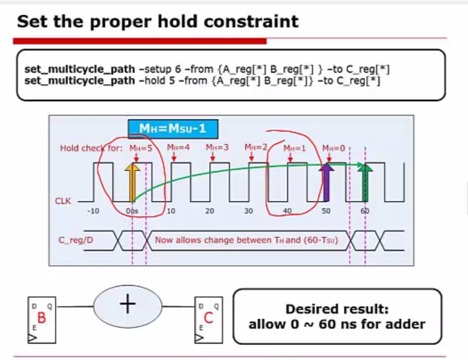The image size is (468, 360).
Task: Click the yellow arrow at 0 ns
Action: pyautogui.click(x=132, y=182)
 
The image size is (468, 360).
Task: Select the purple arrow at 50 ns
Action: pyautogui.click(x=326, y=182)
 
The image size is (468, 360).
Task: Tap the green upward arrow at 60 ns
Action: pyautogui.click(x=365, y=182)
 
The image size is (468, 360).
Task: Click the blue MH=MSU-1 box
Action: pyautogui.click(x=173, y=129)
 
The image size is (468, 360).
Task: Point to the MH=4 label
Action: pyautogui.click(x=178, y=147)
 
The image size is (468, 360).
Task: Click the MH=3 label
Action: pyautogui.click(x=217, y=147)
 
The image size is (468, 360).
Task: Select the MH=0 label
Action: pyautogui.click(x=334, y=148)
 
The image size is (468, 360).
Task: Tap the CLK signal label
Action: pyautogui.click(x=63, y=201)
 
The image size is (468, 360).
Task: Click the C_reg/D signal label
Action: pyautogui.click(x=76, y=240)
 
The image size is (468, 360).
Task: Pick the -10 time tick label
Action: pyautogui.click(x=93, y=211)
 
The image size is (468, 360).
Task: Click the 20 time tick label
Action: pyautogui.click(x=209, y=211)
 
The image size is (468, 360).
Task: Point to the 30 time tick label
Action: pyautogui.click(x=248, y=211)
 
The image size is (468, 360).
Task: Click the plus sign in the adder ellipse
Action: pyautogui.click(x=128, y=304)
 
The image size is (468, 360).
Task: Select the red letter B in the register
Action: pyautogui.click(x=42, y=318)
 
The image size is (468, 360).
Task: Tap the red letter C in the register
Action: pyautogui.click(x=208, y=318)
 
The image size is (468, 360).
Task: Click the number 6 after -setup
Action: pyautogui.click(x=178, y=69)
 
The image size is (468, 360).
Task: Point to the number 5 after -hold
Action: pyautogui.click(x=172, y=81)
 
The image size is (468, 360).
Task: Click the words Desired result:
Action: pyautogui.click(x=337, y=309)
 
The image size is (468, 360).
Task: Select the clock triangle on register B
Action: pyautogui.click(x=32, y=338)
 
